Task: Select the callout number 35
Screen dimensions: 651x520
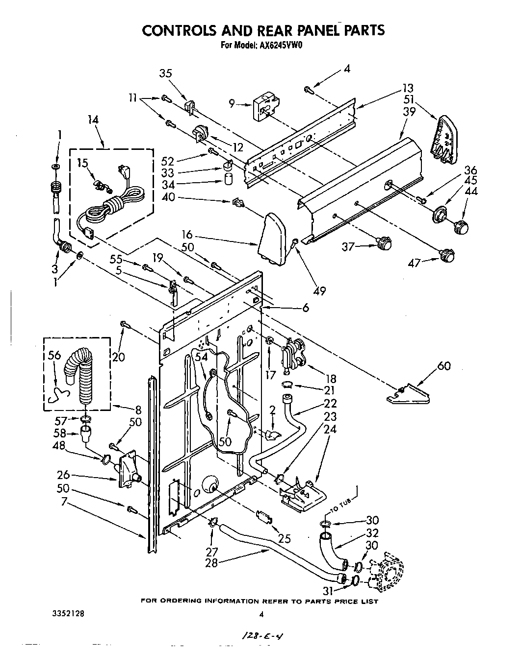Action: coord(166,73)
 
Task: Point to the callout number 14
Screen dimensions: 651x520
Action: coord(93,120)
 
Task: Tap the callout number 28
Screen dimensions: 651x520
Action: coord(211,563)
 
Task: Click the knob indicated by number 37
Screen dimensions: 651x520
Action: coord(384,242)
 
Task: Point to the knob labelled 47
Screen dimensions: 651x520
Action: coord(446,255)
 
